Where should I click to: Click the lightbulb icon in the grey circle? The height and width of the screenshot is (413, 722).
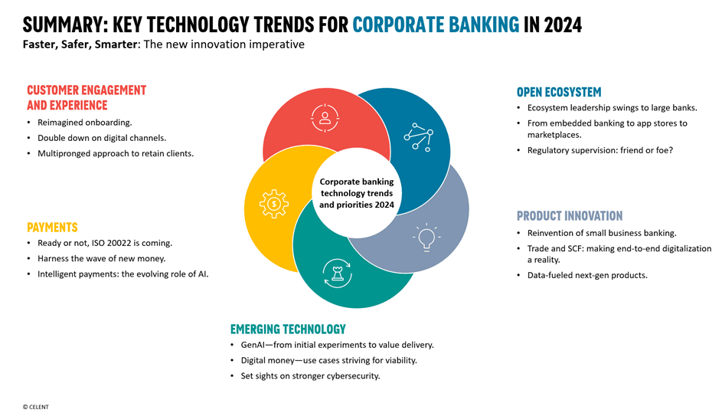coord(426,237)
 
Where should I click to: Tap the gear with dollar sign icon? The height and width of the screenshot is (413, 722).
coord(274,204)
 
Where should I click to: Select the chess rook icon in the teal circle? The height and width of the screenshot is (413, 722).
coord(338,273)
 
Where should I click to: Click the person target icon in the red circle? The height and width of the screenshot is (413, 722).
coord(325,118)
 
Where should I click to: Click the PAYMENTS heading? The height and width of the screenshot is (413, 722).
coord(53,228)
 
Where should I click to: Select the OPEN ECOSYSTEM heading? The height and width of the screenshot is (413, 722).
coord(559,92)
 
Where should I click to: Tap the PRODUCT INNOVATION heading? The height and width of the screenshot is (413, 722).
coord(570,216)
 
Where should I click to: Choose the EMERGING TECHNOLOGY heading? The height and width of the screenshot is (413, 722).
coord(288,329)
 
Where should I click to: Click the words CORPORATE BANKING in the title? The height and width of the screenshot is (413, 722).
coord(436,25)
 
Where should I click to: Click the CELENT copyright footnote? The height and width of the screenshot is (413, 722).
coord(35,407)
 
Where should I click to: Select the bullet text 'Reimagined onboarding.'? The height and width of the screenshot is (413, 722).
coord(85,123)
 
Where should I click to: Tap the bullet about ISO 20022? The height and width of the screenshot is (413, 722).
coord(105,243)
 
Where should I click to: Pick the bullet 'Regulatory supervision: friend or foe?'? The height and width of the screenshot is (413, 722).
coord(600,150)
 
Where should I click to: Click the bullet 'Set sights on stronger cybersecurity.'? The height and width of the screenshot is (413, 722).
coord(310,376)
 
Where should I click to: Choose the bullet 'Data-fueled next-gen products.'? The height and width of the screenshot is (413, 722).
coord(587,275)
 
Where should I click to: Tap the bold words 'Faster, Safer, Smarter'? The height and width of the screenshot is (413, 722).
coord(80,44)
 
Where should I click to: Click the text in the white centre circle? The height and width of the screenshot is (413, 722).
coord(357,193)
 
